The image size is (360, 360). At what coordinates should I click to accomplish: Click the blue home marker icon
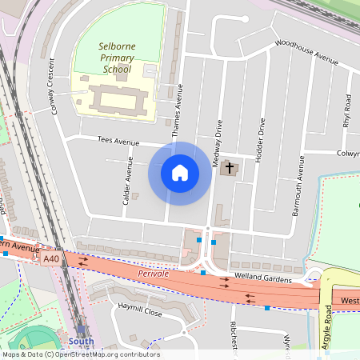point(180,173)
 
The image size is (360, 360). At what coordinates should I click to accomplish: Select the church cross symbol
point(230,168)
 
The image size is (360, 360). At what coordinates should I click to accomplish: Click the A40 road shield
point(52,258)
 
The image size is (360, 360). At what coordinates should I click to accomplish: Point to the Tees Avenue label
point(118,141)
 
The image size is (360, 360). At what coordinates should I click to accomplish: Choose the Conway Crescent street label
point(54,86)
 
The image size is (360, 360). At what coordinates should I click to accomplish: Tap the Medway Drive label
point(216,145)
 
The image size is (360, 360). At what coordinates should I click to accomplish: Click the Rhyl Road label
point(346,111)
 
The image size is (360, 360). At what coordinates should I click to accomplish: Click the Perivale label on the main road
point(153,274)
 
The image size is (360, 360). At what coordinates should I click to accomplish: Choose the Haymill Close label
point(140,313)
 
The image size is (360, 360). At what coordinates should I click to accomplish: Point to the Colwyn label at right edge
point(347,152)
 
